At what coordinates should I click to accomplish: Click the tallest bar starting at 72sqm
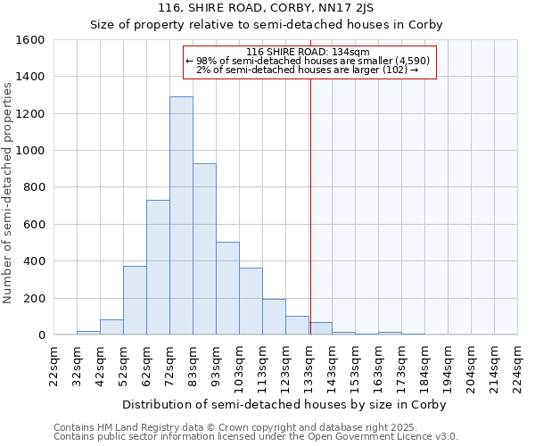tap(181, 216)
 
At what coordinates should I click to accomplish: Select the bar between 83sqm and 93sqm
tap(204, 249)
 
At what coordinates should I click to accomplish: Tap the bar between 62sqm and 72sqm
tap(158, 268)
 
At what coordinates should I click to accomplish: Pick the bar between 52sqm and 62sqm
tap(135, 301)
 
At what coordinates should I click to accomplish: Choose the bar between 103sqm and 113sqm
tap(251, 301)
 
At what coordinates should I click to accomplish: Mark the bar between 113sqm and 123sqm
tap(274, 317)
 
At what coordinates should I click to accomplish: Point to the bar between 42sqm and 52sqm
tap(111, 327)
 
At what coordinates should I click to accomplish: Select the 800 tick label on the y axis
tap(34, 187)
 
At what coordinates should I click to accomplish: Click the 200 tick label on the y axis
tap(34, 298)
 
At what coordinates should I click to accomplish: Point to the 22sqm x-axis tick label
tap(54, 366)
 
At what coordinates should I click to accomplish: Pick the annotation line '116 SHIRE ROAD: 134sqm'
tap(308, 53)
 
